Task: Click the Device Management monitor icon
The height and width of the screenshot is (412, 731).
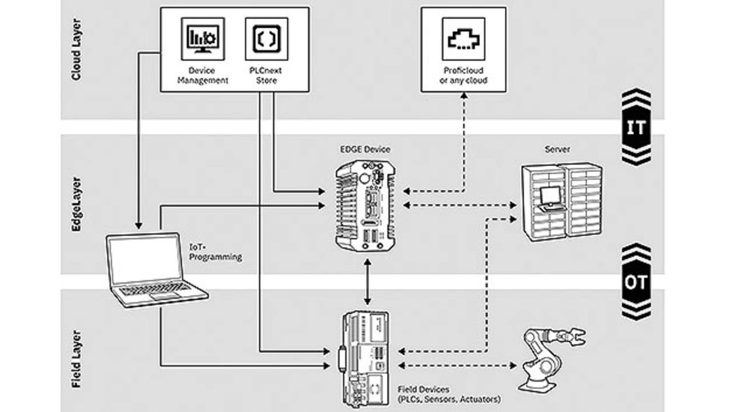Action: tap(203, 38)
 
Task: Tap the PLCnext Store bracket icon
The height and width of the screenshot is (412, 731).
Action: tap(266, 38)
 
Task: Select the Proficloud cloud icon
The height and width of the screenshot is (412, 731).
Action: tap(463, 38)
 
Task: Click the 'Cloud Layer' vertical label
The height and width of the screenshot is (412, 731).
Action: tap(76, 50)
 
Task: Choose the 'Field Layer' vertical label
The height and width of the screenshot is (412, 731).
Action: tap(76, 360)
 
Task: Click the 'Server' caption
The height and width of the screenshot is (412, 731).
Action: tap(557, 150)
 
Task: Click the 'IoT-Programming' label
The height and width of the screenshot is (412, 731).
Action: tap(215, 252)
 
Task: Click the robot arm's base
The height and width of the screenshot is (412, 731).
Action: tap(537, 378)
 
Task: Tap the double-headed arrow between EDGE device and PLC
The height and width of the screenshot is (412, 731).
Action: tap(367, 281)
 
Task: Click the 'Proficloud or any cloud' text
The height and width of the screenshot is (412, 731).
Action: tap(463, 75)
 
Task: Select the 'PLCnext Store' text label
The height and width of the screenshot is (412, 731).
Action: tap(266, 75)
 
